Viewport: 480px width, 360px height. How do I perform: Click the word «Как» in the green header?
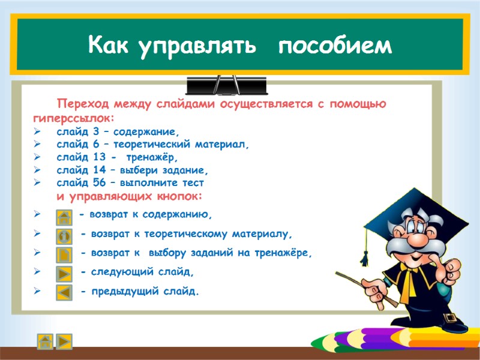(x=109, y=46)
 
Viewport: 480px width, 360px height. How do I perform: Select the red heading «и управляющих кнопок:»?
(x=130, y=197)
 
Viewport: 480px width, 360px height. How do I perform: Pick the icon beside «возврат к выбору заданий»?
(x=64, y=254)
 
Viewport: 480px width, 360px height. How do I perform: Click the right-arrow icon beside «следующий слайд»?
(x=64, y=274)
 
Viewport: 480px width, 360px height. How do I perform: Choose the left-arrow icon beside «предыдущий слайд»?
(x=64, y=293)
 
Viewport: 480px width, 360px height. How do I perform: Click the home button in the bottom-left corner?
(x=44, y=341)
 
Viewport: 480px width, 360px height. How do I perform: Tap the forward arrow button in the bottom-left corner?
(x=63, y=341)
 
